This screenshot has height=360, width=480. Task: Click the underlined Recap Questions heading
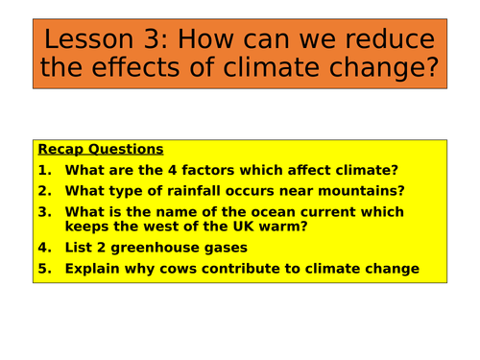point(100,150)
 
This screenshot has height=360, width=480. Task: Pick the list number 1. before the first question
point(43,171)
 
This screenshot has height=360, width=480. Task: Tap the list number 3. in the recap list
point(43,212)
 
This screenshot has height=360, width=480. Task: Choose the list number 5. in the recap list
point(43,269)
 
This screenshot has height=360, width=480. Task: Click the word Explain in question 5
point(96,269)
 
